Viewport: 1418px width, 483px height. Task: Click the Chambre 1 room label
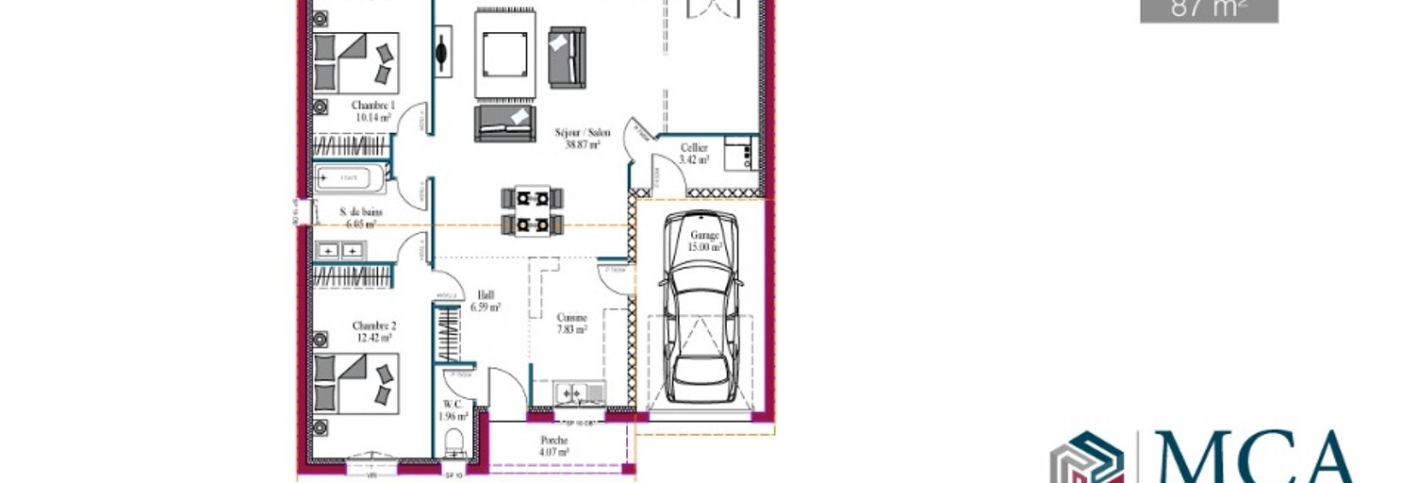point(373,105)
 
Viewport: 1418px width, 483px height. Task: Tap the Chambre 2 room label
point(373,325)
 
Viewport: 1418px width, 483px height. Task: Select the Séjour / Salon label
point(582,133)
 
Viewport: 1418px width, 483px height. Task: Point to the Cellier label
point(694,148)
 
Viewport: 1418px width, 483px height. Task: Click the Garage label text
point(705,235)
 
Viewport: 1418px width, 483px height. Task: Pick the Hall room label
point(486,294)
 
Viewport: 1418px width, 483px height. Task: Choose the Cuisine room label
point(571,318)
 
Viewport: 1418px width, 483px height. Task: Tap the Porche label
point(553,441)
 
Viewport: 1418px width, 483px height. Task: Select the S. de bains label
point(361,213)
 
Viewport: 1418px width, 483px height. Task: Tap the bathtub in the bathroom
point(350,177)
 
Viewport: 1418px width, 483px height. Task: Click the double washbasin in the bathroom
point(340,251)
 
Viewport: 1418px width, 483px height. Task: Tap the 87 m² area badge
point(1209,9)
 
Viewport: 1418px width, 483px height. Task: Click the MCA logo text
point(1255,458)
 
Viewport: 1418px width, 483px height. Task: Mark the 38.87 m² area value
point(581,145)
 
